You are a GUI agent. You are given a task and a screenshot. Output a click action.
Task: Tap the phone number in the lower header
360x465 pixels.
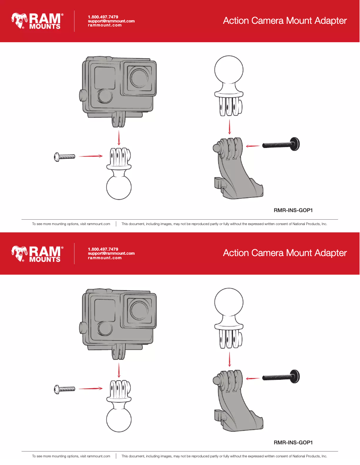coord(103,249)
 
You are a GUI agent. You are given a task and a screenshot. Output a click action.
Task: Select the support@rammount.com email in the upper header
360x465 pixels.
coord(111,21)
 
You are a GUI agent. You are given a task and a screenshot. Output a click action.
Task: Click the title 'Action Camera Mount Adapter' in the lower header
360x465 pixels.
coord(285,253)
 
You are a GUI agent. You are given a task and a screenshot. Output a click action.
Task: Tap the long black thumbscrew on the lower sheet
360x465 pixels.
coord(281,377)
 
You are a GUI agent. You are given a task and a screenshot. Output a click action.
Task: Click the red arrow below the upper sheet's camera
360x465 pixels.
coord(119,137)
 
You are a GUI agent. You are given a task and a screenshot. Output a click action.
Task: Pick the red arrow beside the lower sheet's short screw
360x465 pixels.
coord(90,388)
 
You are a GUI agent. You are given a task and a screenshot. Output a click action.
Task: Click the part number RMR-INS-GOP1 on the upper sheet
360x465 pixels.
coord(293,210)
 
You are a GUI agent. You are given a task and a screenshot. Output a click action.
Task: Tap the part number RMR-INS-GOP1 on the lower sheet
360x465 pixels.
coord(293,443)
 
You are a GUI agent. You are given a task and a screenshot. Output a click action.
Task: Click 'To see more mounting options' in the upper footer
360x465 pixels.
coord(71,224)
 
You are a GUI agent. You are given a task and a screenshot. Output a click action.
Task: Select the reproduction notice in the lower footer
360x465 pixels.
coord(224,456)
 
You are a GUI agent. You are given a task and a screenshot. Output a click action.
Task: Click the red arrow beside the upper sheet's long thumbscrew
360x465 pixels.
coord(254,145)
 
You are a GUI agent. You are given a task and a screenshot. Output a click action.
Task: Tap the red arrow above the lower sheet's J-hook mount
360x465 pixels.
coord(230,359)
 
